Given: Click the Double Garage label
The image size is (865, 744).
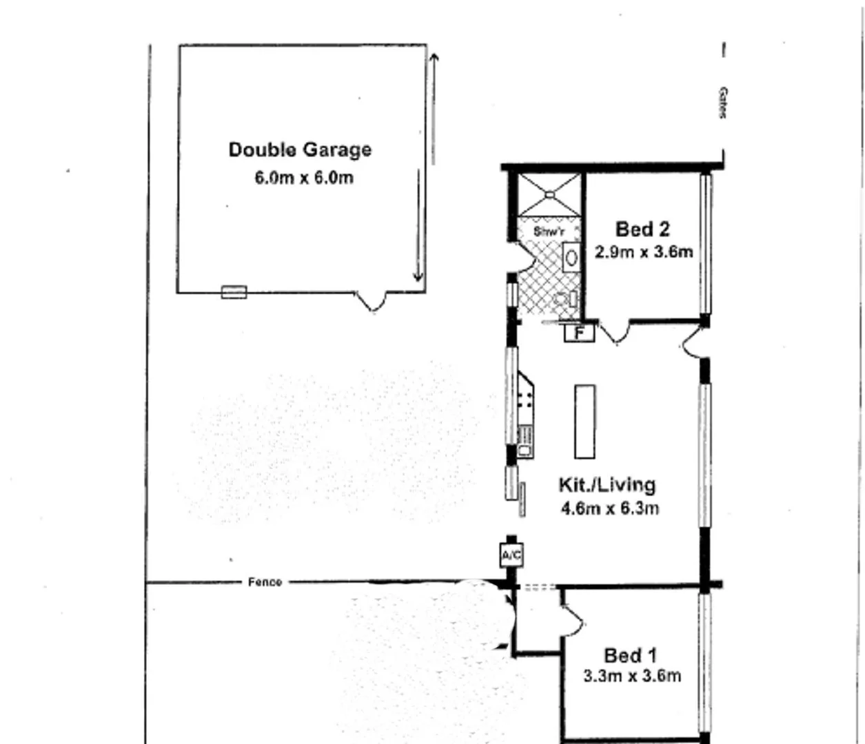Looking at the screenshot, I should pos(300,149).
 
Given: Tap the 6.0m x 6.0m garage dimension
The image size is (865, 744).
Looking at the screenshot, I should pos(304,178).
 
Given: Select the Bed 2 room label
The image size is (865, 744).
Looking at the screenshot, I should pos(642,229).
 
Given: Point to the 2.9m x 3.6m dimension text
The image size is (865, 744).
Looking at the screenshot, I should pos(644,252).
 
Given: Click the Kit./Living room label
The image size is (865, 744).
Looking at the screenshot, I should pos(607,484).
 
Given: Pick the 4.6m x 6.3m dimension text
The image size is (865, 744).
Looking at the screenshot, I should pos(610,509).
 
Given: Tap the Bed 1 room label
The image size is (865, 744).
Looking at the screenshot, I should pos(631,655).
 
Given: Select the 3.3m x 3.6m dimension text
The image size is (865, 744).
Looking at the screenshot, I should pos(632,676).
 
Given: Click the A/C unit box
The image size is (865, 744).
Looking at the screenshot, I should pos(511,555).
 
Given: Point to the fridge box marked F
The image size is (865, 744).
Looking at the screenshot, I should pos(580,333).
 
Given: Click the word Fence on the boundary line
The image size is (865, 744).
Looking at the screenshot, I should pos(265,582).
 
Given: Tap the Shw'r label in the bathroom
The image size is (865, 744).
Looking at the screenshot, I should pos(549,232).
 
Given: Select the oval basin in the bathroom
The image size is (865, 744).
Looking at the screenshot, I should pos(571,258).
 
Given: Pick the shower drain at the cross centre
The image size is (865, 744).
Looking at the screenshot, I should pos(549,195).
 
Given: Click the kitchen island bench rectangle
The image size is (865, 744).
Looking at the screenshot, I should pos(584,421).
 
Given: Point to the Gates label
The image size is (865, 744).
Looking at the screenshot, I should pos(722,103).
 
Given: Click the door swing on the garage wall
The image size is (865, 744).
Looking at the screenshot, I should pos(372,302).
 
